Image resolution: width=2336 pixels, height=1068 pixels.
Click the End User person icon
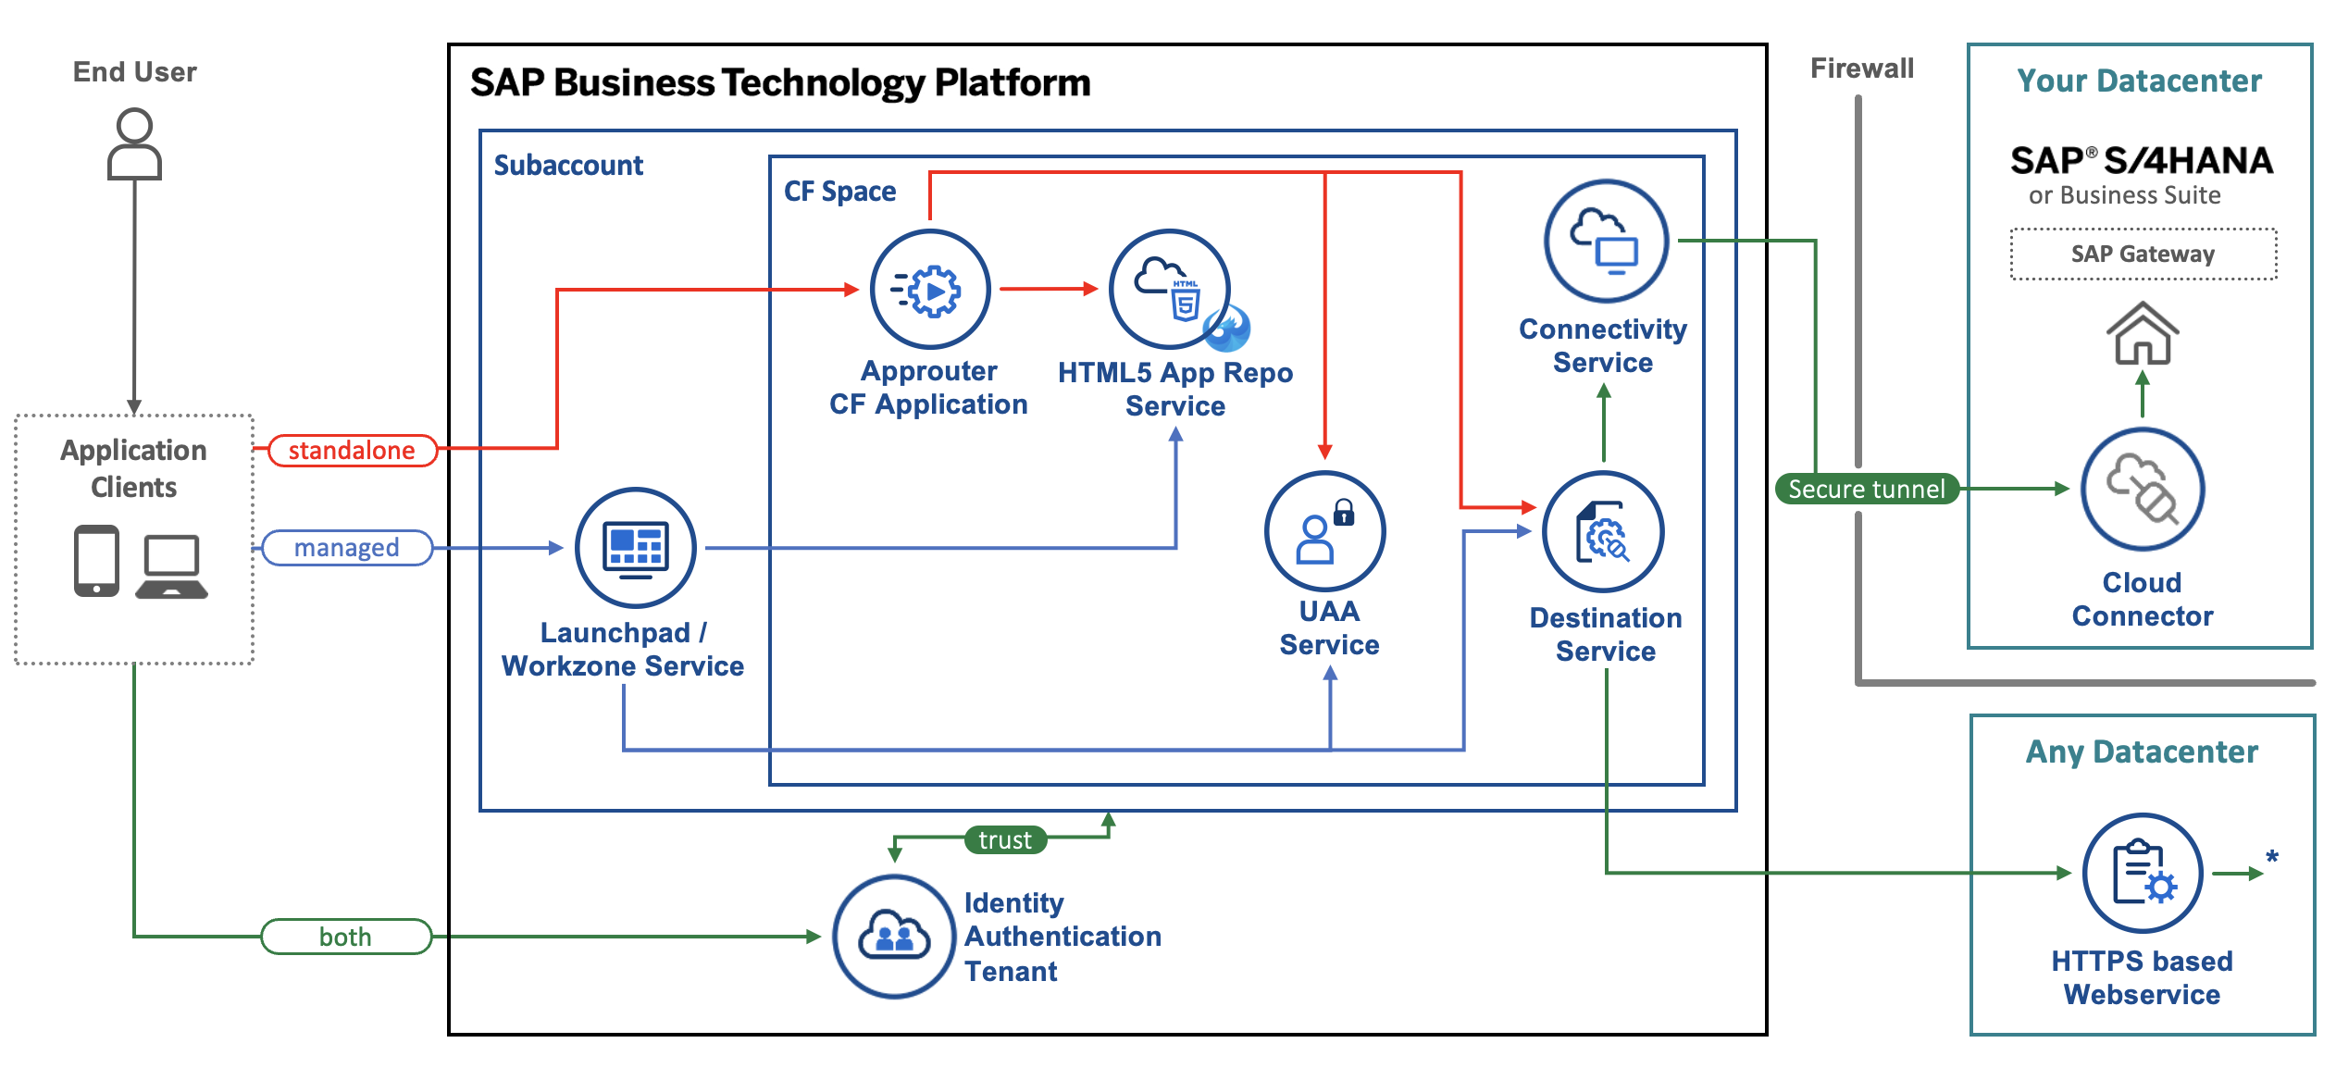pos(134,144)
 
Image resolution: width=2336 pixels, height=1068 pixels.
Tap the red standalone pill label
pos(352,451)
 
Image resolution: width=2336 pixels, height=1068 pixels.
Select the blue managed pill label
pos(347,548)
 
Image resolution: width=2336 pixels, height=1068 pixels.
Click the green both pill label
pos(346,937)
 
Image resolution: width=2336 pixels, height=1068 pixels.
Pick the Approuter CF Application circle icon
pos(930,290)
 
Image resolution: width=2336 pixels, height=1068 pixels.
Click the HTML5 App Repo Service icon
pos(1170,290)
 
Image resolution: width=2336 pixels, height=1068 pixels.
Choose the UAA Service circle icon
pos(1325,531)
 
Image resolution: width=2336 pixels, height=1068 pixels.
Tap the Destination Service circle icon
pos(1604,532)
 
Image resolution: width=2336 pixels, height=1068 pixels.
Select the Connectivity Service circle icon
pos(1606,242)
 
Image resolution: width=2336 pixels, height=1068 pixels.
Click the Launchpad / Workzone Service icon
pos(636,548)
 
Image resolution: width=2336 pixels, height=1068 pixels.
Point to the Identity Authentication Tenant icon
pos(894,937)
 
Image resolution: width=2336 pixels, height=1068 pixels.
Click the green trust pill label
pos(1005,840)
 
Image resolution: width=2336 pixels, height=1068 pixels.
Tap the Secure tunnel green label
pos(1866,489)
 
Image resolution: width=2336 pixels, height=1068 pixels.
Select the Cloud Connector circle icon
pos(2143,490)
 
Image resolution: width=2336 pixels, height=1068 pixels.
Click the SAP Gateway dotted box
pos(2143,255)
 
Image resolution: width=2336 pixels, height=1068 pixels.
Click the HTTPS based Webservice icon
pos(2143,873)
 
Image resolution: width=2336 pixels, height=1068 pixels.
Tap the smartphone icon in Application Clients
pos(97,561)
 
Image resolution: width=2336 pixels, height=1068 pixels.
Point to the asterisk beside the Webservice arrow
pos(2271,858)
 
